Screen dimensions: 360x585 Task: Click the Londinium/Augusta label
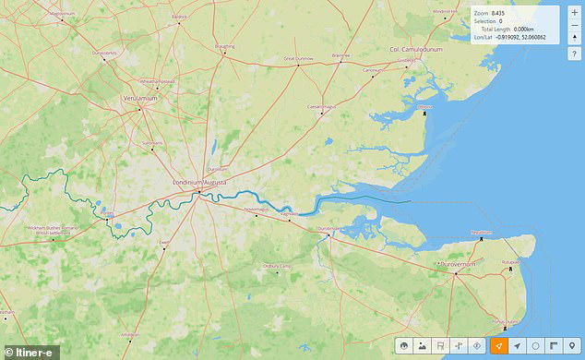tap(206, 183)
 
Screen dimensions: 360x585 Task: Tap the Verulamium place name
tap(141, 97)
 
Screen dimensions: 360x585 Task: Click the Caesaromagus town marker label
tap(323, 103)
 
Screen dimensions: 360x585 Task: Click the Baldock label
tap(179, 16)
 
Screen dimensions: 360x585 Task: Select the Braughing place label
tap(224, 46)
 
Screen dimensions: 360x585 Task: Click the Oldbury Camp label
tap(277, 267)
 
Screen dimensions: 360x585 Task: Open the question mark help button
tap(575, 54)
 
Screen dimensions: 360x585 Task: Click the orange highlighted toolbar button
tap(497, 345)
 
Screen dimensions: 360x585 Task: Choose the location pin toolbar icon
tap(571, 345)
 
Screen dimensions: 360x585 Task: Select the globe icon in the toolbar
tap(403, 345)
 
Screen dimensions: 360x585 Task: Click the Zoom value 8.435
tap(499, 13)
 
